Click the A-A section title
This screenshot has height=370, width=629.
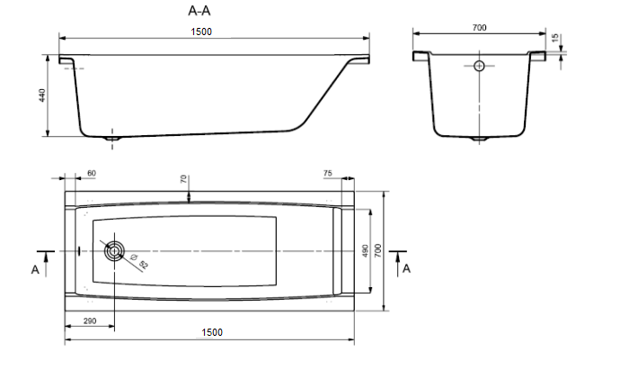[199, 11]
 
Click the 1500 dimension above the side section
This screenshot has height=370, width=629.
[201, 32]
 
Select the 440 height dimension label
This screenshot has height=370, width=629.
[42, 95]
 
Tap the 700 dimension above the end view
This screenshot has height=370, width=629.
[479, 27]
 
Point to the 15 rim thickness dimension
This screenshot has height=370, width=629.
[555, 38]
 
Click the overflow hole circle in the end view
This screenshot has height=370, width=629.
[479, 66]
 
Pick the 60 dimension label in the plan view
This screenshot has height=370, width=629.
[92, 173]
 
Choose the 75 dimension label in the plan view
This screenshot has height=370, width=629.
[328, 173]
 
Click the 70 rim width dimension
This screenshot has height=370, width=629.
[183, 179]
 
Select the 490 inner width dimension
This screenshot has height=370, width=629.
[365, 251]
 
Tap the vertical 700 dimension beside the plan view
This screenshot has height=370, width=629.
[378, 250]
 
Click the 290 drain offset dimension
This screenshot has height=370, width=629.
[90, 321]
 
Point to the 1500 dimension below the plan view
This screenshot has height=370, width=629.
[212, 332]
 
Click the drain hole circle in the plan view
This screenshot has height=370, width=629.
[114, 251]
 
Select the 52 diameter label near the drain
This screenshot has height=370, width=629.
[144, 265]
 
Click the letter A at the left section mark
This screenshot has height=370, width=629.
[35, 269]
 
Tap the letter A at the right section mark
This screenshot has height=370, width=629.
[406, 269]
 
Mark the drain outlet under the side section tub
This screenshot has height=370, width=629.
[112, 139]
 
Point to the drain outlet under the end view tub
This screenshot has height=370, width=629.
[479, 139]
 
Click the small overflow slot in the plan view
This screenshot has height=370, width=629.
[79, 251]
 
